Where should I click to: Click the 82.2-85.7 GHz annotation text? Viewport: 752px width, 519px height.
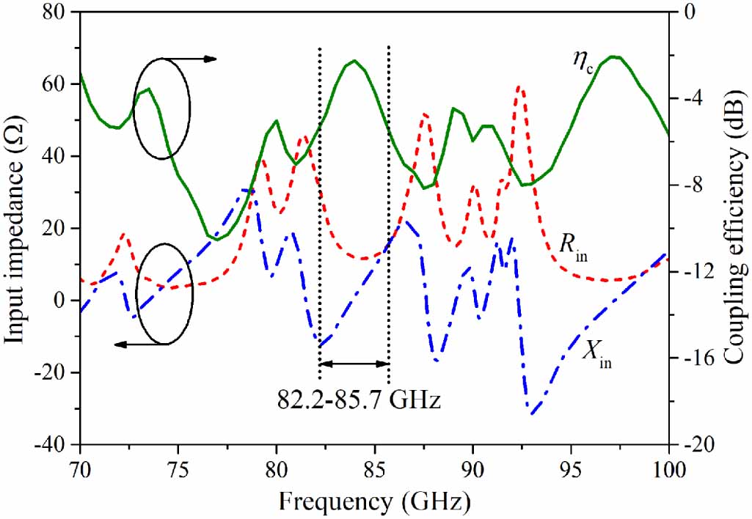click(359, 401)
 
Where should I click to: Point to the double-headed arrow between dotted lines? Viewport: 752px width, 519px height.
click(354, 363)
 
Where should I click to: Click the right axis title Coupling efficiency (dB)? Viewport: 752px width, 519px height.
click(734, 229)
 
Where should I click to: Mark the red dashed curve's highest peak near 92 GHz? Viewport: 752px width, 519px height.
click(519, 86)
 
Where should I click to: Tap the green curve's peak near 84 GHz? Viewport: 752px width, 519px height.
click(354, 61)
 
